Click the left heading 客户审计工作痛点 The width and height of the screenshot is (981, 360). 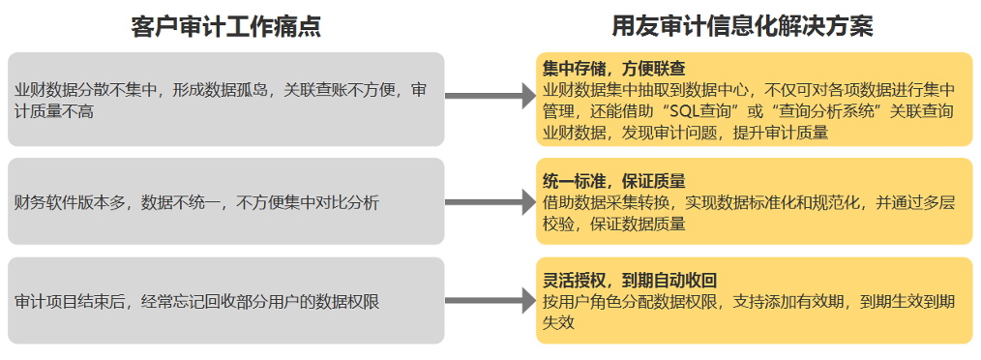[225, 27]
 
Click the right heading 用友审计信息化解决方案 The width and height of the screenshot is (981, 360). [742, 27]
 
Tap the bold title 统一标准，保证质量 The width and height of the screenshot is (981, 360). [616, 182]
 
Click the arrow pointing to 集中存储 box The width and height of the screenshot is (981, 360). [490, 96]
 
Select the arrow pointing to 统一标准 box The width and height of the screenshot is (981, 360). [490, 202]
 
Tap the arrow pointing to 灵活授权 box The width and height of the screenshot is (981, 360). [490, 301]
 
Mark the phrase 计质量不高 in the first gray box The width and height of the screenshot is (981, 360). [54, 112]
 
